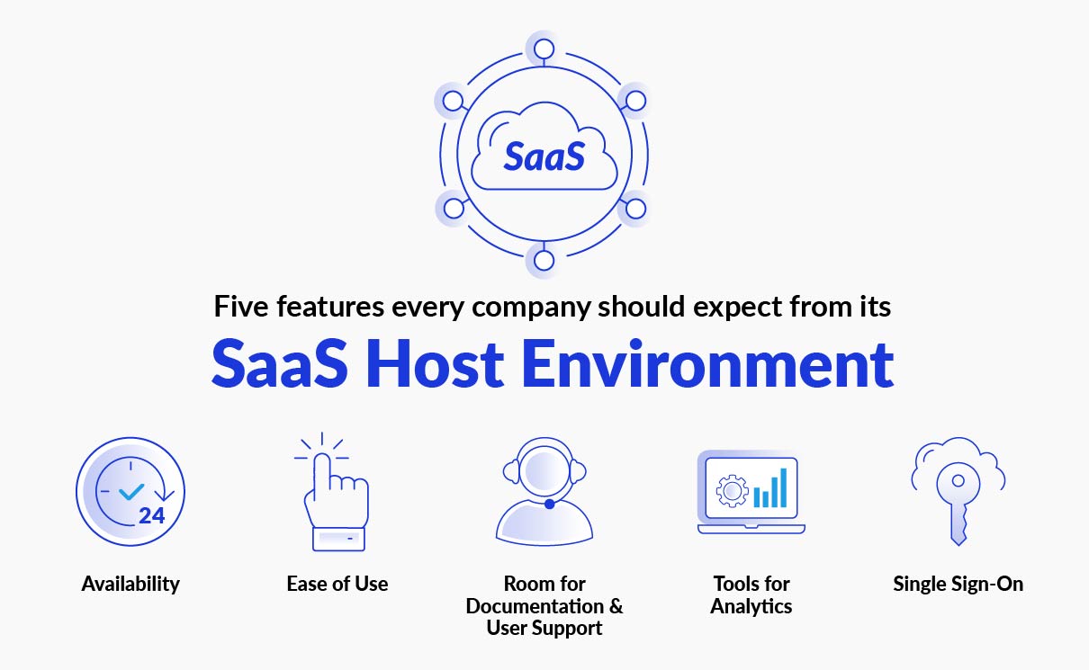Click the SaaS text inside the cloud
point(544,155)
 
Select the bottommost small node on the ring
point(544,261)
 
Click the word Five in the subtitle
point(241,307)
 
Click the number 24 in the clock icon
point(151,515)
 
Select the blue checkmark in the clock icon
point(131,491)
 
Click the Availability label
point(130,584)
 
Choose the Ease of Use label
point(337,584)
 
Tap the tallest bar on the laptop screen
point(783,487)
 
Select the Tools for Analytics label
point(751,594)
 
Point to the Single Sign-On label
point(958,584)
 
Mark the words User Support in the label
point(544,628)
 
